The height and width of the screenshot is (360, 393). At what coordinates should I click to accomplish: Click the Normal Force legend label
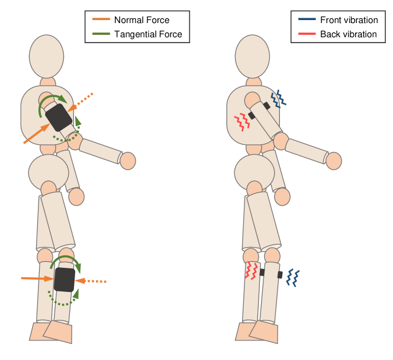(141, 20)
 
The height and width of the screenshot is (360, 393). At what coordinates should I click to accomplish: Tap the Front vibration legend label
(349, 20)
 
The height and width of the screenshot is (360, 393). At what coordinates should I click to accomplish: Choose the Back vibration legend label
(348, 34)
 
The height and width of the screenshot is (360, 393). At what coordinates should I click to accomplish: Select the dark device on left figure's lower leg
(64, 279)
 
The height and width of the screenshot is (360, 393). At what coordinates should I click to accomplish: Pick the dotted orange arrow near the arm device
(82, 101)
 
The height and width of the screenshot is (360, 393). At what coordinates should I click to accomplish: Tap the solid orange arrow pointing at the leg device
(37, 277)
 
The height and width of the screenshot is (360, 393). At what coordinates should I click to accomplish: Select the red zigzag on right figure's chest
(241, 122)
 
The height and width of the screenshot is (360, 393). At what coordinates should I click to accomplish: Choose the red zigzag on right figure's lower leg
(252, 271)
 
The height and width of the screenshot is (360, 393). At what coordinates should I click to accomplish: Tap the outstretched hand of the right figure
(334, 160)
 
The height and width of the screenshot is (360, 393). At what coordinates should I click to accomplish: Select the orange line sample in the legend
(101, 20)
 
